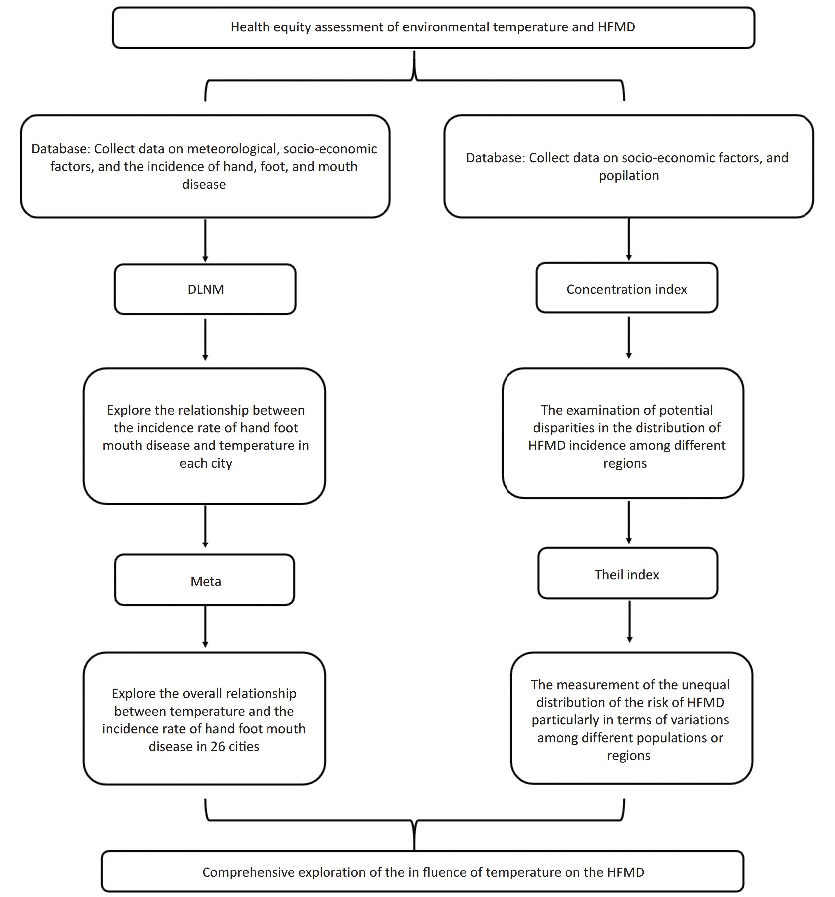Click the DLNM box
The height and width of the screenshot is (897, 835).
205,289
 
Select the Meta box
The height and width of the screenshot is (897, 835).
204,580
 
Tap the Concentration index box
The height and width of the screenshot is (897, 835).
627,288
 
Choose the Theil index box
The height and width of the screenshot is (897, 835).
628,573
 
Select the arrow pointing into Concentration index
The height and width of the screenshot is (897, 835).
629,239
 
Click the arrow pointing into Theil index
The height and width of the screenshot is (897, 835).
629,522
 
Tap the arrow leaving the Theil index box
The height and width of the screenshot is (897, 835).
630,621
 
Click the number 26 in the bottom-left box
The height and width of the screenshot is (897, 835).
218,746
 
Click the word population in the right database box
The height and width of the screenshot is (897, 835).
628,176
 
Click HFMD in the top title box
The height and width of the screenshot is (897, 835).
617,27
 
